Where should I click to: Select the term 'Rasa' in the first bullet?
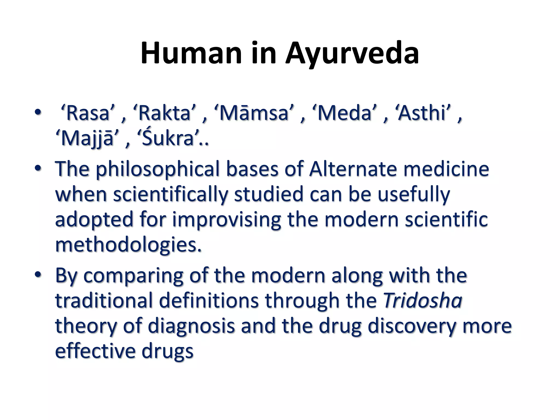[x=87, y=113]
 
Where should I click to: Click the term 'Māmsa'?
[x=253, y=113]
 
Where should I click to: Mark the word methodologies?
[x=128, y=244]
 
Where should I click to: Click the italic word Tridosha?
[x=423, y=300]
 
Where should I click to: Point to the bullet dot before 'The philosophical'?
[x=38, y=168]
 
